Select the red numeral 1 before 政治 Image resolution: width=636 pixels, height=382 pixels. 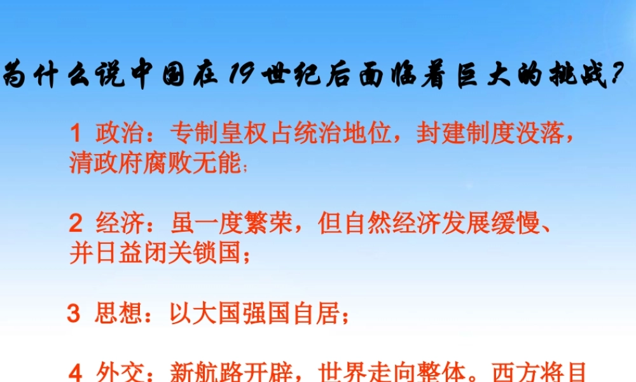pos(75,134)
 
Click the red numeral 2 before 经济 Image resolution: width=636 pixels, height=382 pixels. pos(75,225)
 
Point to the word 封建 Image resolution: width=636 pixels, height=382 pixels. pos(436,134)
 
